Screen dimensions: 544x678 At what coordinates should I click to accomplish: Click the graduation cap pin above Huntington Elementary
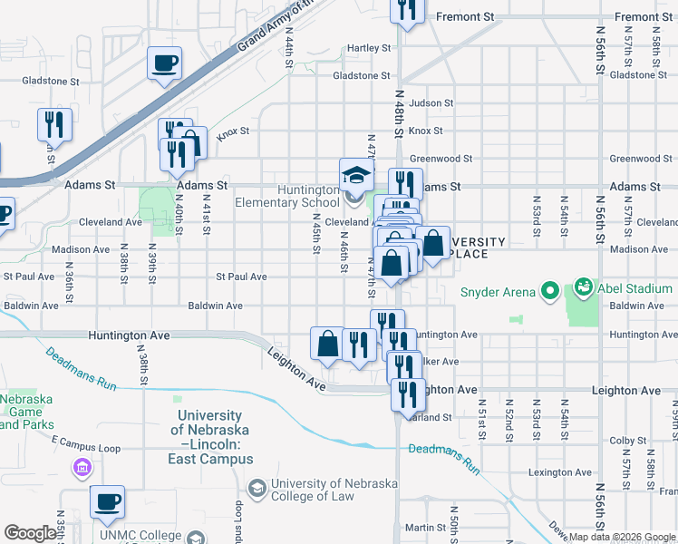[356, 174]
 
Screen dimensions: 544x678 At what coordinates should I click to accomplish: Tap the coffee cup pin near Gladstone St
[165, 63]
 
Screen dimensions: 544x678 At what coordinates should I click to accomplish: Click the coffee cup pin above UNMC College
[107, 502]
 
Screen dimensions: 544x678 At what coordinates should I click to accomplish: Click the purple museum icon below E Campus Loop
[82, 468]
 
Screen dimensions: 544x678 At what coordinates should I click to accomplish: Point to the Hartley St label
[369, 48]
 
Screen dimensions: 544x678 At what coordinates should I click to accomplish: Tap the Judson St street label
[430, 103]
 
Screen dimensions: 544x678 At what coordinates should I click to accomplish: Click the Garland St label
[432, 418]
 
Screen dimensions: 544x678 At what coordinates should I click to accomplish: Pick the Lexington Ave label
[561, 472]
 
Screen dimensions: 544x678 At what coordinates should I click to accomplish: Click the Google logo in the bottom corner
[30, 533]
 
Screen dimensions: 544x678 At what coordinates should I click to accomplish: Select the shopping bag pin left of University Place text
[433, 243]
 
